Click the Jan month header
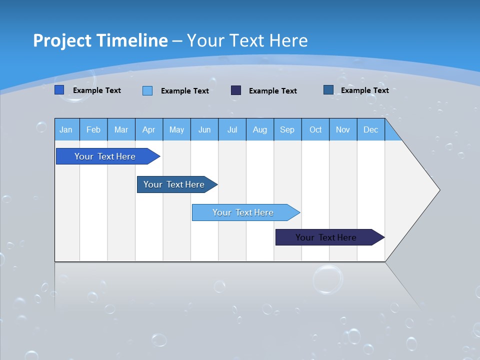[66, 129]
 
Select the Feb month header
[93, 129]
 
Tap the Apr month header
[149, 129]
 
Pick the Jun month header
[204, 129]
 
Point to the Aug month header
[260, 129]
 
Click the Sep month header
[287, 129]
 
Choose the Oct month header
[315, 129]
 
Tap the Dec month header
[371, 129]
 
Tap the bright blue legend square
[59, 90]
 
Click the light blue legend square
[147, 90]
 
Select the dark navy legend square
[236, 90]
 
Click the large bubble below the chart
[328, 279]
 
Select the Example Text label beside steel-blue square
[364, 90]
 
